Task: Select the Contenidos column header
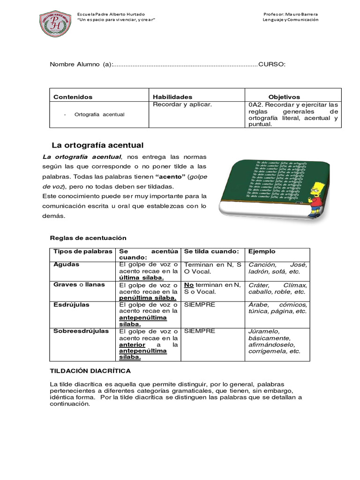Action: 73,97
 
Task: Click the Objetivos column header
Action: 284,97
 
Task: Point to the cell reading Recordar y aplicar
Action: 182,105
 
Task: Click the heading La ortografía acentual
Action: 97,145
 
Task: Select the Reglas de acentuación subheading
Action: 88,238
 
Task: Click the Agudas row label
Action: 67,264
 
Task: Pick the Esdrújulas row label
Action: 71,305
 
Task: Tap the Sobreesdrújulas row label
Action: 81,331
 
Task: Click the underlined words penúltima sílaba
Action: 148,298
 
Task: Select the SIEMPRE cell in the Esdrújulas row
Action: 200,305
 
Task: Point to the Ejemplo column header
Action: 262,251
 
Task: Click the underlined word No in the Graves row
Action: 189,285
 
